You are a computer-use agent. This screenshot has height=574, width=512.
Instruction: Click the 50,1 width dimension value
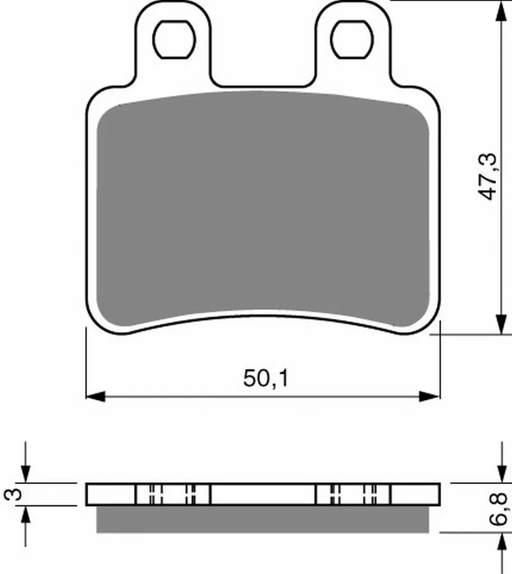[266, 378]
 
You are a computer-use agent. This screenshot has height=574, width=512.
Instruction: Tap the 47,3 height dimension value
[487, 177]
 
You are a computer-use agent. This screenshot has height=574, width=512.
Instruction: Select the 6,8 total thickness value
[498, 509]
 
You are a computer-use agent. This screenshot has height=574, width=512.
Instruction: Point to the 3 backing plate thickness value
[12, 494]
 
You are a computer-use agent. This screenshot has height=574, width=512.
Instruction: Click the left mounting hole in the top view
[174, 39]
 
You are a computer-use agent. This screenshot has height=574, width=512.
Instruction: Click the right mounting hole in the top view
[352, 39]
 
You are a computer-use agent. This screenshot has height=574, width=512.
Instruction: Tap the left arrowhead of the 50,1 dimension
[96, 397]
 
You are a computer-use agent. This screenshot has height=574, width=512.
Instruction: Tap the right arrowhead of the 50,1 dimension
[429, 397]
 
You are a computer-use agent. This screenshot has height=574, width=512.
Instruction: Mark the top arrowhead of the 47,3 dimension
[501, 11]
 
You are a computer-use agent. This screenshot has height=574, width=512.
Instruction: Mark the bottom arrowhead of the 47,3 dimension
[501, 324]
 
